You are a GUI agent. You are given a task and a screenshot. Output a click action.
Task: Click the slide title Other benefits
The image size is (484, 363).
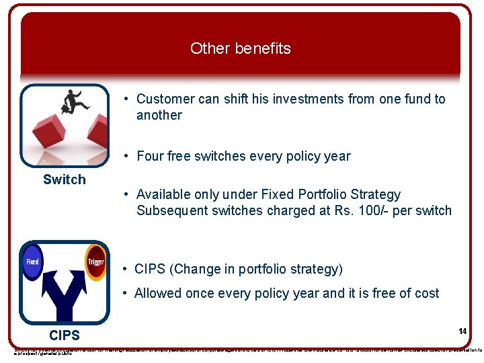[x=240, y=48]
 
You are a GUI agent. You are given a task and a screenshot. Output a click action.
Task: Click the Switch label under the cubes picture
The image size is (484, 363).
[x=65, y=179]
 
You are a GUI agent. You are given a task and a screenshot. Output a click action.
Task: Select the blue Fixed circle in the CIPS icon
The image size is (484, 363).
[x=32, y=261]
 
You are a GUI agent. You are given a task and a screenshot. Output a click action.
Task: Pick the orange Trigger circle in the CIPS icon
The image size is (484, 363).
[x=95, y=261]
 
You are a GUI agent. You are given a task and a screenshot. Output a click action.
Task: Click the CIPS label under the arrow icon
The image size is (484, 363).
[x=65, y=335]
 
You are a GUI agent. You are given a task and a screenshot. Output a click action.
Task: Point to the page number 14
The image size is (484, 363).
[x=462, y=331]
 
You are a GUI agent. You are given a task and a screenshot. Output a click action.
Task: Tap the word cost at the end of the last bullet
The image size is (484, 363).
[x=425, y=293]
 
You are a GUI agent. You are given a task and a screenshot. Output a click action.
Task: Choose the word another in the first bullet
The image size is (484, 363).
[x=159, y=115]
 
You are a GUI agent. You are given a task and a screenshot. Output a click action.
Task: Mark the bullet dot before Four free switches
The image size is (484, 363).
[x=126, y=156]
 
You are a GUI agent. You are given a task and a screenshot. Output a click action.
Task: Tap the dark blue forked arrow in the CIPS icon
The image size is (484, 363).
[x=64, y=296]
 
